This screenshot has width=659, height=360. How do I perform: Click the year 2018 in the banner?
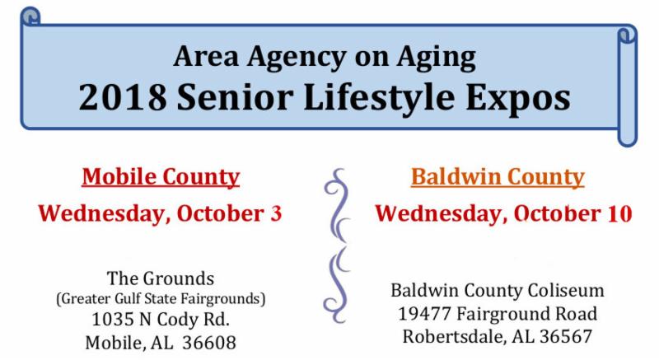click(x=123, y=97)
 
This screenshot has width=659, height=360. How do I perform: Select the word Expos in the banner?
click(x=518, y=99)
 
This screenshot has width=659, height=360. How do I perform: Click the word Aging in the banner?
click(x=437, y=58)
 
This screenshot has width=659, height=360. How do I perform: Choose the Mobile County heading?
click(x=161, y=177)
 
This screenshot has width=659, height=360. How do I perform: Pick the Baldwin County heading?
click(x=498, y=177)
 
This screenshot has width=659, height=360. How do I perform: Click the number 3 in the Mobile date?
click(x=276, y=213)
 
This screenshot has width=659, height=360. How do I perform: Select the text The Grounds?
click(x=161, y=278)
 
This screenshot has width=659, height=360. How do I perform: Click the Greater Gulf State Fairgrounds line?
click(x=161, y=299)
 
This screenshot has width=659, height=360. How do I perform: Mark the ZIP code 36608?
click(x=209, y=343)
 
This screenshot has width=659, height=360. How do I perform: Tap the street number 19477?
click(x=424, y=314)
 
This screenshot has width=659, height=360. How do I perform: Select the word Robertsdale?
click(x=455, y=336)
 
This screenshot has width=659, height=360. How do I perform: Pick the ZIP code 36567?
click(x=566, y=336)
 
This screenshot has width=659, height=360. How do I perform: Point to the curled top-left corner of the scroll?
click(x=30, y=16)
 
